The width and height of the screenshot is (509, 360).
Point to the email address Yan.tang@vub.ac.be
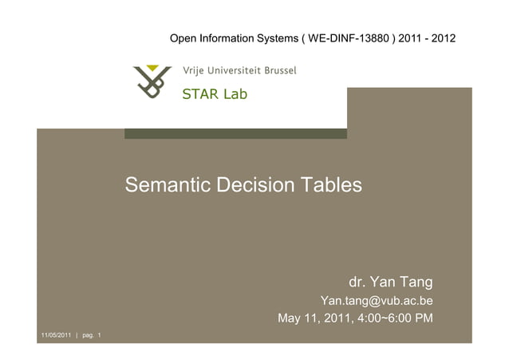click(x=377, y=301)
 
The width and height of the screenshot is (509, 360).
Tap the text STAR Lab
click(x=215, y=94)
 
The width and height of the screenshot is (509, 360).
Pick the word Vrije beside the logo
click(x=193, y=70)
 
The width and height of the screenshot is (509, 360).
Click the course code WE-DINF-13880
click(x=348, y=38)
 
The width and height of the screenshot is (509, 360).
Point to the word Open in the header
click(x=184, y=38)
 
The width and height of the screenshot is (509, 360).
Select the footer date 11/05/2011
click(x=55, y=334)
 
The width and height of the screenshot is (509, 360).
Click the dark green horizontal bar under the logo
click(x=235, y=133)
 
